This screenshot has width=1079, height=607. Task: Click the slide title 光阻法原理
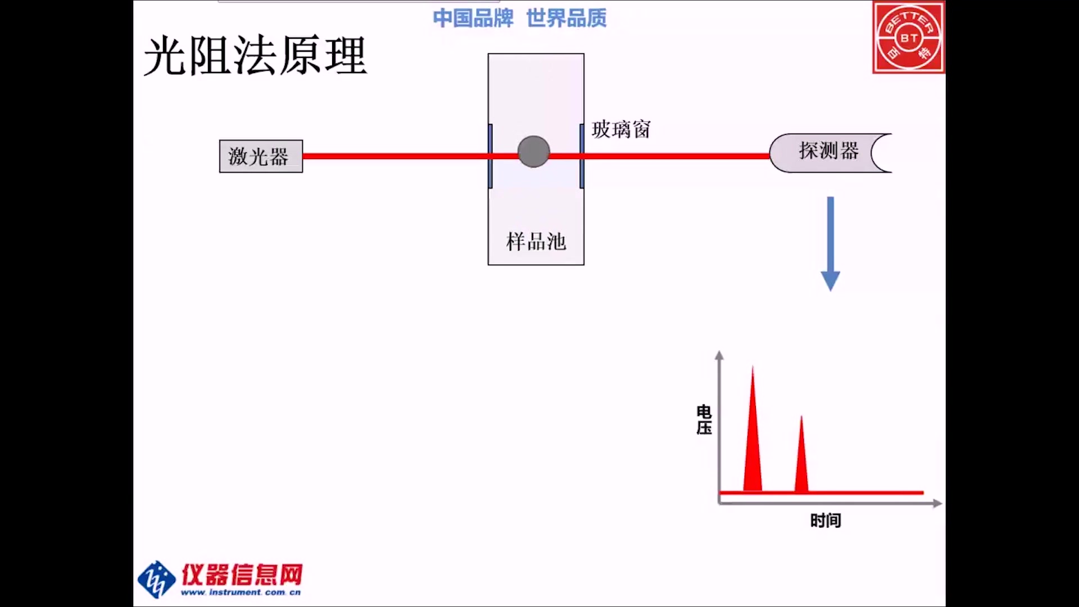256,56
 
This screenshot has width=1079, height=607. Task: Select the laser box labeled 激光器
261,156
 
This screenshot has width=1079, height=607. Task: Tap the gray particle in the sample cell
533,152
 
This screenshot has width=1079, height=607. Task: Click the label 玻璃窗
621,130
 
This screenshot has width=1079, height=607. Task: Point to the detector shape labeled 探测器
829,152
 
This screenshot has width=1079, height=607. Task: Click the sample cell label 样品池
536,242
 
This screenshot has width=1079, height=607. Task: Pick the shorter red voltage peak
801,461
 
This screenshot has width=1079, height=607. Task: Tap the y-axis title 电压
704,420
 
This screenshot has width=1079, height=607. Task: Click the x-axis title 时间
825,520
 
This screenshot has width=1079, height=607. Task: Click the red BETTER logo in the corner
908,38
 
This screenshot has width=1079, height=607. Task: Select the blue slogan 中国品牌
473,19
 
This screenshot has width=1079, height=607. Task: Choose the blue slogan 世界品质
566,19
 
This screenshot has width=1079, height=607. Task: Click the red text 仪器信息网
242,574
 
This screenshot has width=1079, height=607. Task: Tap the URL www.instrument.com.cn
241,592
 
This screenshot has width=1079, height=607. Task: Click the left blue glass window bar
490,156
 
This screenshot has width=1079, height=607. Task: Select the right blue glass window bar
582,156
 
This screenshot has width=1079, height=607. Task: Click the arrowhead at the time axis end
937,503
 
